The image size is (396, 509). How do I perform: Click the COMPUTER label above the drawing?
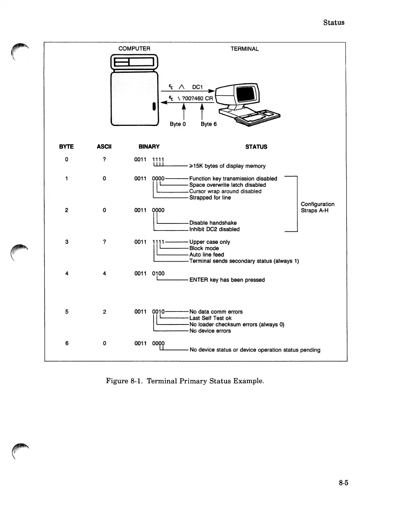point(134,49)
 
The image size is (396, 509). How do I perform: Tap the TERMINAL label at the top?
point(244,49)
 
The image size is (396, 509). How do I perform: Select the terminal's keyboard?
point(257,117)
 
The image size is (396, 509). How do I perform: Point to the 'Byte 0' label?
point(178,124)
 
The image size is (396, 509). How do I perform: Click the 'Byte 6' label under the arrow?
point(209,124)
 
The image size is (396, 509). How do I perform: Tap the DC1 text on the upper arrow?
point(197,87)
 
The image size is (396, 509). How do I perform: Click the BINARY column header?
point(149,147)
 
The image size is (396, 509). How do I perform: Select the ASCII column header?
point(104,147)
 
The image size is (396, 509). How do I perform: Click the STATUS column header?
point(256,147)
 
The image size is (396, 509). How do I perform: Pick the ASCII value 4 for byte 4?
point(104,273)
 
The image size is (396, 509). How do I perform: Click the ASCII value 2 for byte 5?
point(104,312)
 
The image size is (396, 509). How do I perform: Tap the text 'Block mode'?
point(204,248)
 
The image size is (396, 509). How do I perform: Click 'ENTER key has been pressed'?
point(227,280)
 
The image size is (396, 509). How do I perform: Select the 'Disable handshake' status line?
point(213,223)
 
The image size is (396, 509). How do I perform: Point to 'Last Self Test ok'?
point(211,318)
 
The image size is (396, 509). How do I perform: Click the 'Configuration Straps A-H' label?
point(317,207)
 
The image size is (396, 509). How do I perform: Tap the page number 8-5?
point(344,483)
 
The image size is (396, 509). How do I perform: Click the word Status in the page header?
point(334,22)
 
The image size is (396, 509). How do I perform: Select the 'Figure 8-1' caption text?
point(185,381)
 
